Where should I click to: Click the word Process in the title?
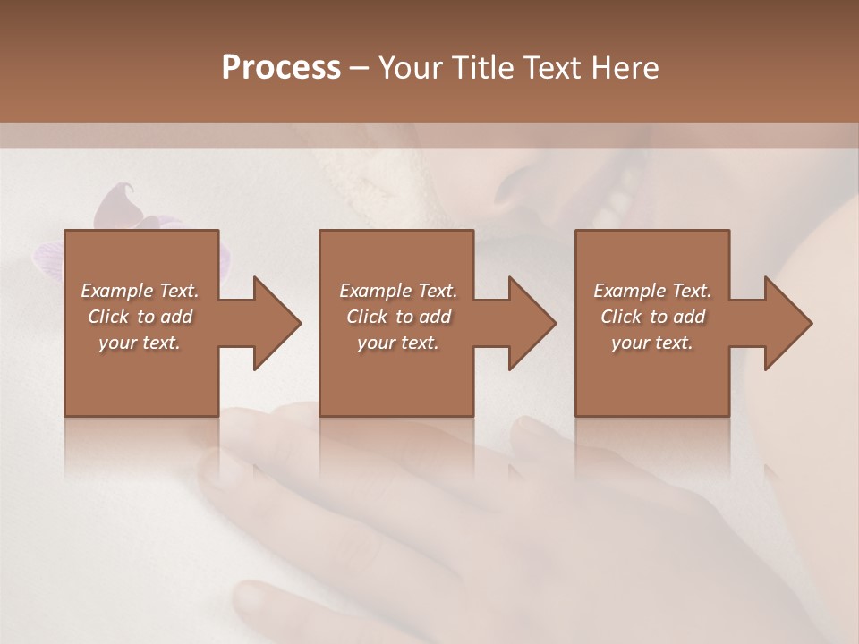click(281, 68)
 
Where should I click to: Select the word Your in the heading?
click(410, 68)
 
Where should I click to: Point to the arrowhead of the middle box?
click(532, 323)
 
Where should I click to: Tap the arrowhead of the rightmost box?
click(787, 323)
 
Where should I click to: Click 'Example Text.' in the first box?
click(140, 291)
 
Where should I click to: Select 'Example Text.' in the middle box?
click(398, 291)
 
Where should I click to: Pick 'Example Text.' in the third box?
click(652, 291)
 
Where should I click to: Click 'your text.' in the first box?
click(140, 343)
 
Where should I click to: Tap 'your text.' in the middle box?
click(398, 343)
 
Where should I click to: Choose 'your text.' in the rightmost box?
click(652, 343)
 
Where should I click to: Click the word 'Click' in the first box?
click(108, 317)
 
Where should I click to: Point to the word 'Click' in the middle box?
click(367, 317)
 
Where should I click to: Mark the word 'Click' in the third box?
click(621, 317)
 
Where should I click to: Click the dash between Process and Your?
click(360, 69)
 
